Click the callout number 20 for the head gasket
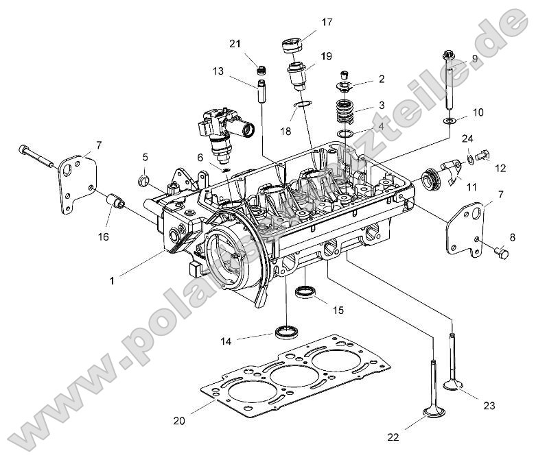coord(178,421)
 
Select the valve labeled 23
coord(452,363)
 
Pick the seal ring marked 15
coord(305,293)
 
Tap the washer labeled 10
coord(449,121)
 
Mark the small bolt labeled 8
coord(502,254)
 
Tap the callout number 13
coord(218,71)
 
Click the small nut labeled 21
coord(261,69)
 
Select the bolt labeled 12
coord(481,156)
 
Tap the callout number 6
coord(200,157)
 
